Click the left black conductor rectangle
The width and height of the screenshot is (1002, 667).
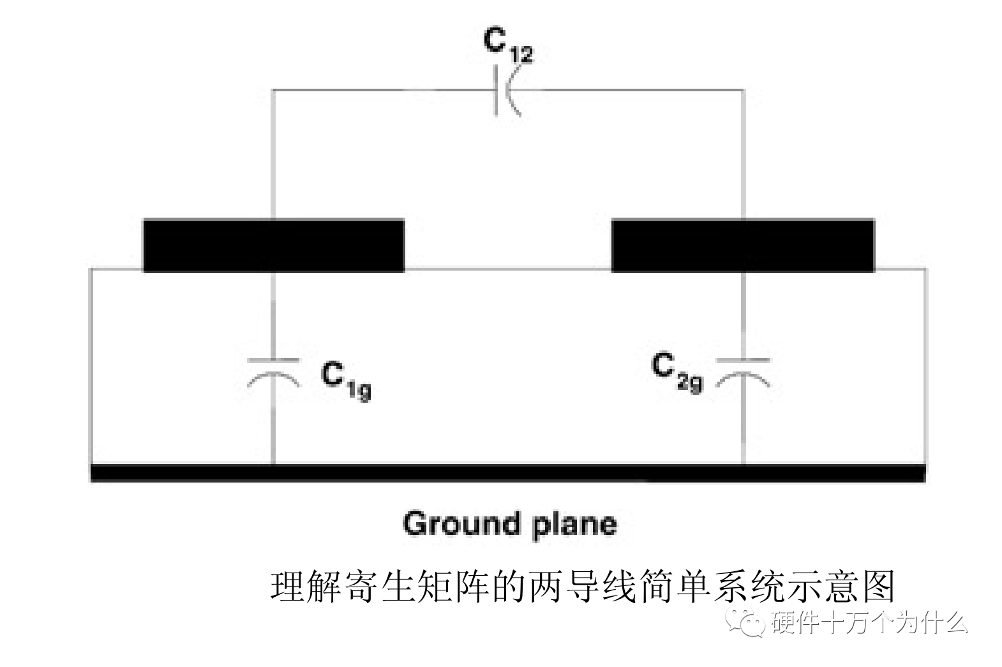point(273,246)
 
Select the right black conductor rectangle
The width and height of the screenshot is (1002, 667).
point(743,246)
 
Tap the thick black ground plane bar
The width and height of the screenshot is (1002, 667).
point(507,473)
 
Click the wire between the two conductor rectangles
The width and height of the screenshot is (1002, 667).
point(507,269)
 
